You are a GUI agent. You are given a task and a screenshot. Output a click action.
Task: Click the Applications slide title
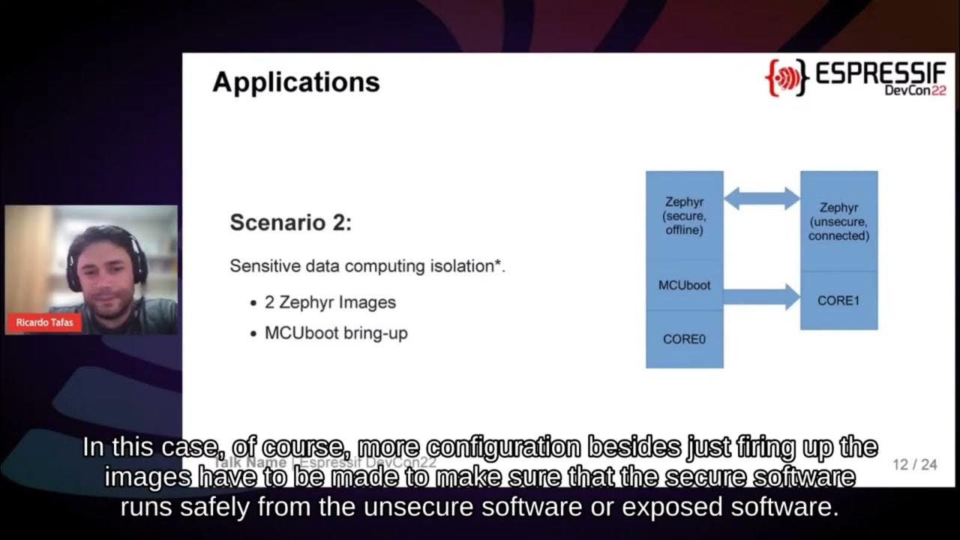pos(296,82)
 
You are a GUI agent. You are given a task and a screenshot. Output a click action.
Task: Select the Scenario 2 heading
pos(290,223)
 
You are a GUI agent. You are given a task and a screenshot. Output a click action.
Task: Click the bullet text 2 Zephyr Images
pos(330,302)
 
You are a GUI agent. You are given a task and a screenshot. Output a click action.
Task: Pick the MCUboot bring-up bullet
pos(336,333)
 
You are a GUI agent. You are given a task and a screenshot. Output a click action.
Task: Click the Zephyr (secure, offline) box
pos(684,215)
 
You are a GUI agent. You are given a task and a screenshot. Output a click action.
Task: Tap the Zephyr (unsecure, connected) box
pos(838,221)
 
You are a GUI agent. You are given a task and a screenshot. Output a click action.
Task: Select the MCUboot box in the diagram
pos(684,286)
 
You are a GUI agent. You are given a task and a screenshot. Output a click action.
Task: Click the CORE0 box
pos(684,339)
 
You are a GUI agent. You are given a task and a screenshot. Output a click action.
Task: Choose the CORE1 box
pos(838,301)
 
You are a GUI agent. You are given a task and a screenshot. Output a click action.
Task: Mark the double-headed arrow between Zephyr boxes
pos(761,198)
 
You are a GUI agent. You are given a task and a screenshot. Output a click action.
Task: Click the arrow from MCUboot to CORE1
pos(761,297)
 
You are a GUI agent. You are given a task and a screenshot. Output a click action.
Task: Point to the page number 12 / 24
pos(915,465)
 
